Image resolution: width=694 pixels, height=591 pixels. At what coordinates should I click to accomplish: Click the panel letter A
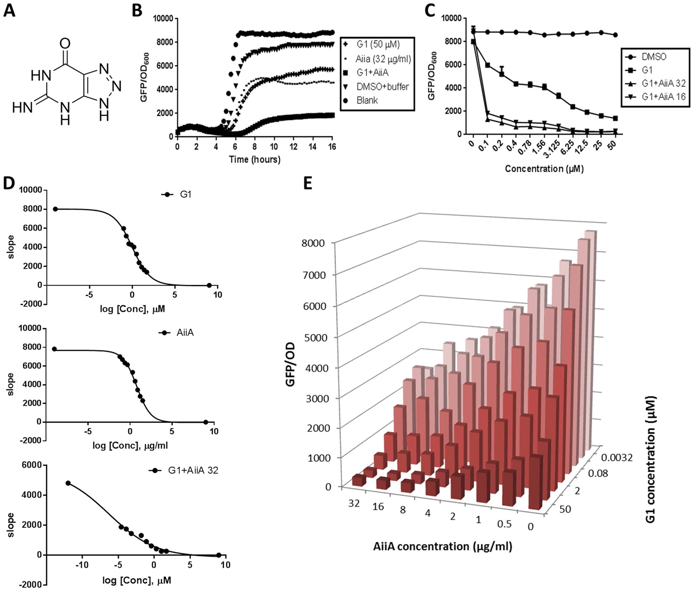(x=9, y=10)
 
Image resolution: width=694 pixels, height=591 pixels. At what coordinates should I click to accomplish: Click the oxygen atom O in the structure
(x=65, y=43)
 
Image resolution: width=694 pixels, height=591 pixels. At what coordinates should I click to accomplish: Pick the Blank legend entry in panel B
(x=367, y=100)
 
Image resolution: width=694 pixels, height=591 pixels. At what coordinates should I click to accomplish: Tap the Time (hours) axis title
(x=254, y=159)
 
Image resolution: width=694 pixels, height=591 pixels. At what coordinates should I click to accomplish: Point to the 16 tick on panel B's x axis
(x=332, y=146)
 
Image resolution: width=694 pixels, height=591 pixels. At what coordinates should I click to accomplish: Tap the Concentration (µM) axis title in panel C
(x=544, y=169)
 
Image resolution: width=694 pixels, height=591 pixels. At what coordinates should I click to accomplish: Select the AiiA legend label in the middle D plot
(x=185, y=333)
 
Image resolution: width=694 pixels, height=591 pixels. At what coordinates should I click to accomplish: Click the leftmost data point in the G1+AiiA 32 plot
(x=68, y=483)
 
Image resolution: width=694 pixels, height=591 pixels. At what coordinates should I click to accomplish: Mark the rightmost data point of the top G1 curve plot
(x=209, y=285)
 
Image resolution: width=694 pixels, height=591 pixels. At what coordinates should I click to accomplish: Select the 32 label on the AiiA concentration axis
(x=354, y=503)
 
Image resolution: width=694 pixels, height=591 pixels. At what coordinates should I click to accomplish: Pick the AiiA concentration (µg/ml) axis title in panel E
(x=442, y=546)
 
